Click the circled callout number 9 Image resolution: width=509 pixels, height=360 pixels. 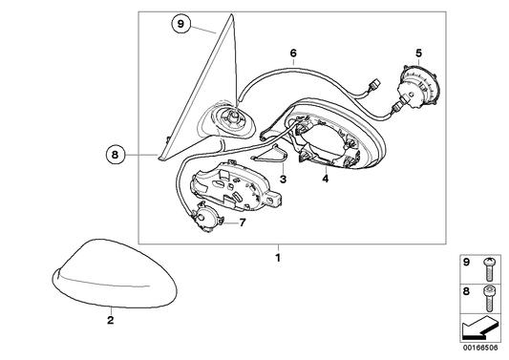pyautogui.click(x=180, y=24)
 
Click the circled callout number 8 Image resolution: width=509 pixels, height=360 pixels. pyautogui.click(x=116, y=155)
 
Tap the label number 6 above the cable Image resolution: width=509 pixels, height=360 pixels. pyautogui.click(x=293, y=53)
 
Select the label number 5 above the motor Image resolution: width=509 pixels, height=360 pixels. pyautogui.click(x=418, y=53)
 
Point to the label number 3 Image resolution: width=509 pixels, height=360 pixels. pyautogui.click(x=283, y=179)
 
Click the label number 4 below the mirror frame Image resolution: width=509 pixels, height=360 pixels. pyautogui.click(x=326, y=179)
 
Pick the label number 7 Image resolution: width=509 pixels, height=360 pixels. pyautogui.click(x=243, y=222)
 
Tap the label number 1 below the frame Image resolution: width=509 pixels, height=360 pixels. pyautogui.click(x=278, y=258)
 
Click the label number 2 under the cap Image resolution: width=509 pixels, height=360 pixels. pyautogui.click(x=111, y=320)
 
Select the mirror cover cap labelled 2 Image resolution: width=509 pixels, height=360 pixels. pyautogui.click(x=115, y=274)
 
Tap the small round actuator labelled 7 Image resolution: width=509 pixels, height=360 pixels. pyautogui.click(x=206, y=218)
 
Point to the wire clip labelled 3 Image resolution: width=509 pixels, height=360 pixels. pyautogui.click(x=270, y=154)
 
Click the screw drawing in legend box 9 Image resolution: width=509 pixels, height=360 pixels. pyautogui.click(x=488, y=269)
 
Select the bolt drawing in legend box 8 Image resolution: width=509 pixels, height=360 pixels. pyautogui.click(x=488, y=298)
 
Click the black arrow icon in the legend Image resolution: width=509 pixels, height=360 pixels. pyautogui.click(x=478, y=328)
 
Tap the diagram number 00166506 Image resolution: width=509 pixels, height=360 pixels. pyautogui.click(x=480, y=348)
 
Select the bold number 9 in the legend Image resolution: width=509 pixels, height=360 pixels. pyautogui.click(x=466, y=263)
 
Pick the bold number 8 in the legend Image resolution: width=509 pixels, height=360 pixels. pyautogui.click(x=466, y=291)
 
